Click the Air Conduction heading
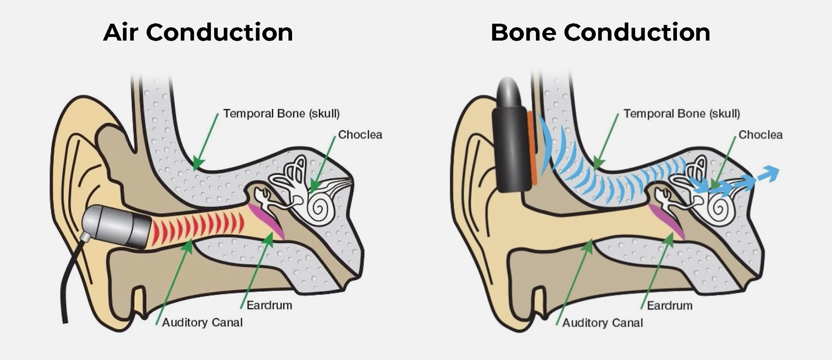point(198,32)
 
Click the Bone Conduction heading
point(600,32)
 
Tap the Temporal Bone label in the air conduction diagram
point(281,114)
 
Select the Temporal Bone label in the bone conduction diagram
point(682,114)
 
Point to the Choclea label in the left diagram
point(360,135)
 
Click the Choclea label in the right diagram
point(760,135)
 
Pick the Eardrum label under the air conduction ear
point(269,305)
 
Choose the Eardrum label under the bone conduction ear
point(669,305)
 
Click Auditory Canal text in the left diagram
point(202,322)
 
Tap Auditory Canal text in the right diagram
point(603,323)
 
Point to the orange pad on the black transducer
point(532,147)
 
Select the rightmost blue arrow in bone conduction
point(768,174)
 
